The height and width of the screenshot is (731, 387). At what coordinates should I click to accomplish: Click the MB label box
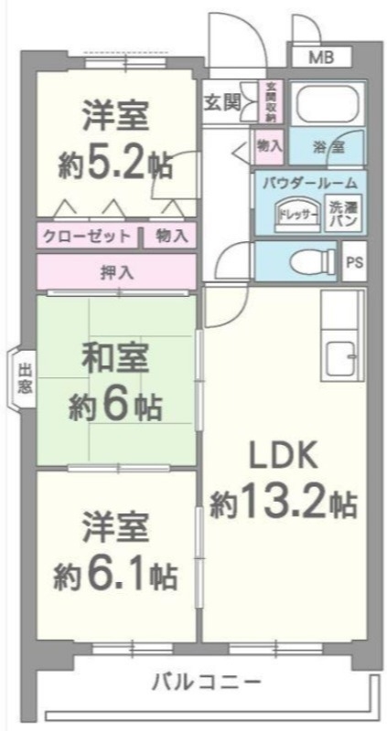(x=320, y=58)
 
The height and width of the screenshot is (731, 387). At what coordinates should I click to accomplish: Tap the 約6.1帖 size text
(x=114, y=576)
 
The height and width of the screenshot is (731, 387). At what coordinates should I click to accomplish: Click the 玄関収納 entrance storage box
(x=272, y=102)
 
